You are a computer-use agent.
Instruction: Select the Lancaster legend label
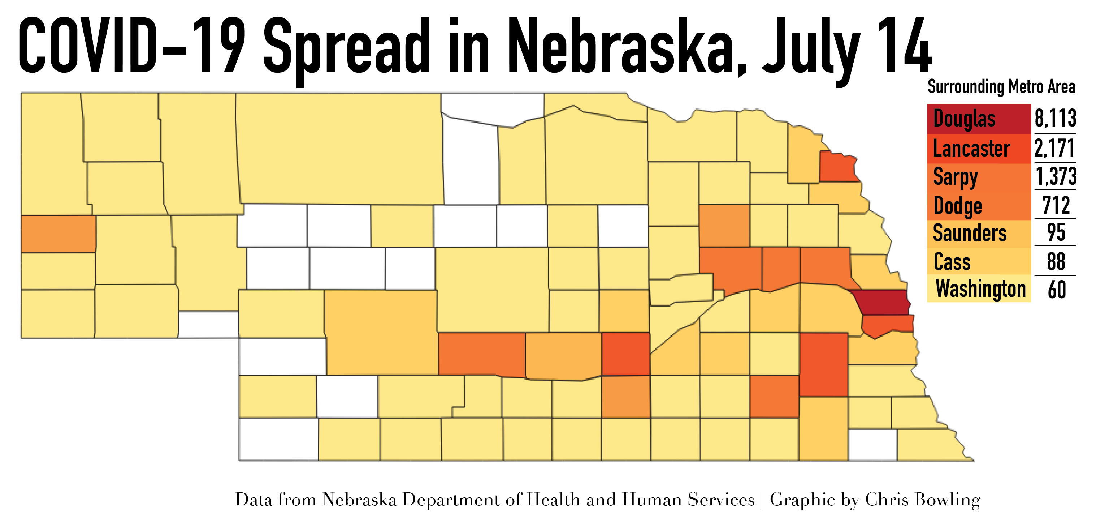(x=971, y=149)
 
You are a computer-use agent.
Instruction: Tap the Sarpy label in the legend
(x=956, y=177)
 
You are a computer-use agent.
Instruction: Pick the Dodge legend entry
(x=957, y=206)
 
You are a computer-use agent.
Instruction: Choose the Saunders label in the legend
(x=970, y=233)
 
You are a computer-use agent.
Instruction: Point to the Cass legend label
(x=952, y=261)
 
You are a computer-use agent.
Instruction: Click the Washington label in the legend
(x=981, y=289)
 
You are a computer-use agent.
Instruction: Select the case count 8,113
(x=1055, y=118)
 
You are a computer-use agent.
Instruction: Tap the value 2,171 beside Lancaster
(x=1055, y=148)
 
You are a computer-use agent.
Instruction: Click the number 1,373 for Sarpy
(x=1056, y=176)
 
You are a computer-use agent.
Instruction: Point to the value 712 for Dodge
(x=1056, y=206)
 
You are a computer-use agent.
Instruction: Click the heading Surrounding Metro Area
(x=1001, y=87)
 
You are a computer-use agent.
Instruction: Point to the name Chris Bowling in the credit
(x=922, y=500)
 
